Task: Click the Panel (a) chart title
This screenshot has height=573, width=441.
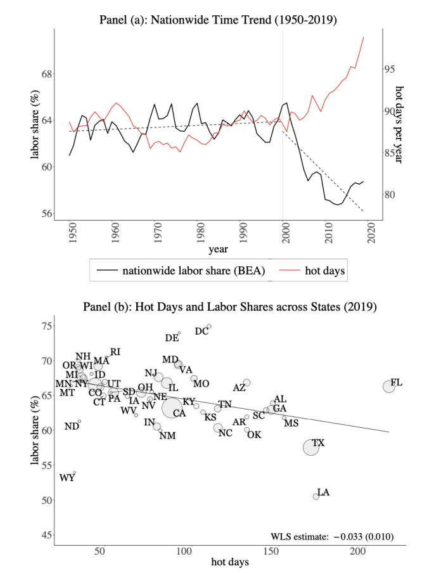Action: (218, 20)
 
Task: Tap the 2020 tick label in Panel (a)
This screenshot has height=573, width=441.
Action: (371, 232)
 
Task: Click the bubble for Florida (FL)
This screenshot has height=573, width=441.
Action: (389, 386)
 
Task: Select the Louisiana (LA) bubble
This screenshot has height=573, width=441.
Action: (316, 496)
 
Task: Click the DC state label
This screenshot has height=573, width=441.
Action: (201, 331)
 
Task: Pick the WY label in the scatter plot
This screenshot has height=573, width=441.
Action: (67, 478)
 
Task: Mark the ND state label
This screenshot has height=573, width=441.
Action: (72, 426)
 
